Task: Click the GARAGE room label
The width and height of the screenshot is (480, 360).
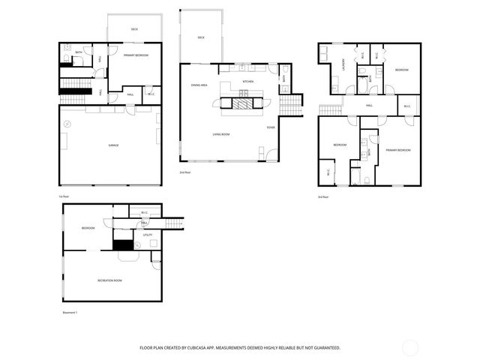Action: tap(113, 145)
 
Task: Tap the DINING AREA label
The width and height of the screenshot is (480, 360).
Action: tap(199, 85)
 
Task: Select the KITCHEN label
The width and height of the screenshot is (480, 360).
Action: tap(248, 81)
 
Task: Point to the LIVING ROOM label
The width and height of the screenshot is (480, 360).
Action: tap(220, 134)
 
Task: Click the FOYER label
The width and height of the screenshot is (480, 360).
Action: tap(270, 127)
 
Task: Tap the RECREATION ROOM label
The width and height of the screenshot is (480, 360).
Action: tap(109, 280)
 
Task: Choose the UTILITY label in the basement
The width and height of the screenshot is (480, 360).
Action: tap(148, 235)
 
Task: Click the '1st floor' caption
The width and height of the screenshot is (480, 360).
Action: tap(64, 196)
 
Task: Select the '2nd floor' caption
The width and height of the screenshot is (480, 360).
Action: tap(184, 172)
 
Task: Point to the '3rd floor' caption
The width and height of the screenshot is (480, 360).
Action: tap(323, 196)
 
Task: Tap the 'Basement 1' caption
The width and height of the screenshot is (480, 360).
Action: tap(70, 312)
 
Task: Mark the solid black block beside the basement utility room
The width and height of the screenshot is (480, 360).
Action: tap(123, 244)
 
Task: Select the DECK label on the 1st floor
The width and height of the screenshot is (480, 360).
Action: tap(135, 30)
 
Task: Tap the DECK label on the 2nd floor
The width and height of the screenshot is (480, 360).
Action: tap(201, 37)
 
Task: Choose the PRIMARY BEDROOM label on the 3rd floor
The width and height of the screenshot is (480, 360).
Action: tap(398, 151)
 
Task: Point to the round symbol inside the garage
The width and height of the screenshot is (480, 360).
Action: tap(67, 122)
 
